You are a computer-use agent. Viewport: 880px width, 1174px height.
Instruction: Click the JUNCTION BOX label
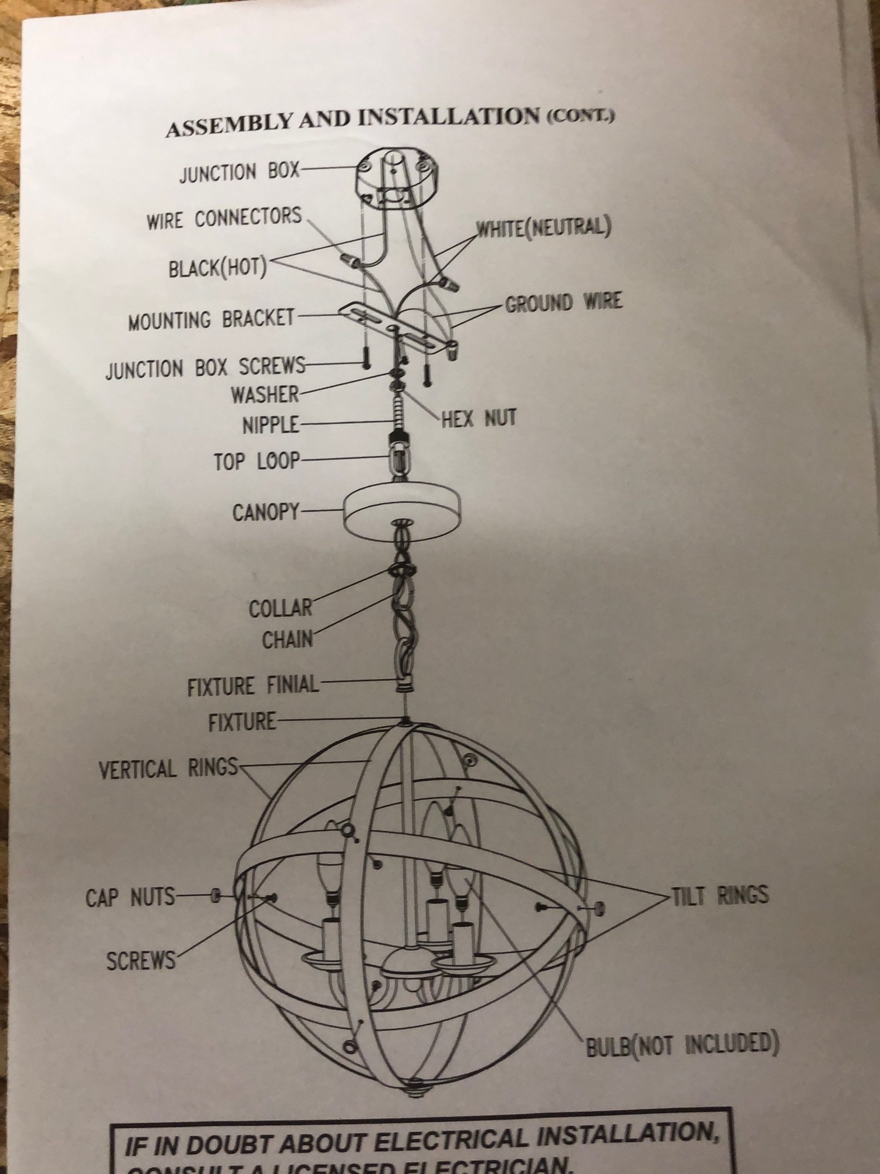[x=239, y=173]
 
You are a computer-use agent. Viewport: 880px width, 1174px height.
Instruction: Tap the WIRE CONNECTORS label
[x=224, y=218]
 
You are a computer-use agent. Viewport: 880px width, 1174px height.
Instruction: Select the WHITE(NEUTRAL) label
[x=543, y=228]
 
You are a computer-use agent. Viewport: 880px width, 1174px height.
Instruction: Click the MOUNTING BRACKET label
[x=211, y=320]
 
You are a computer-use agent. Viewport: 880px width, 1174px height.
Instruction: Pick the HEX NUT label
[x=479, y=419]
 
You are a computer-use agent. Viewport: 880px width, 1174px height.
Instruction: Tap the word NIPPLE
[x=271, y=425]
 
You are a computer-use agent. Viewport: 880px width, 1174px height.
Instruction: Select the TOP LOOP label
[x=257, y=461]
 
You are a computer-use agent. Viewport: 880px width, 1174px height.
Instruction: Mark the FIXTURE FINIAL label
[x=253, y=686]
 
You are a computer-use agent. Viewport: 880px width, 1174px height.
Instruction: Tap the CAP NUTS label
[x=130, y=897]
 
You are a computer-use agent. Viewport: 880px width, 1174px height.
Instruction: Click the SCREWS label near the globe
[x=141, y=961]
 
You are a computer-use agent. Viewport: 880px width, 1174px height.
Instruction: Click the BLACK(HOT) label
[x=218, y=268]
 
